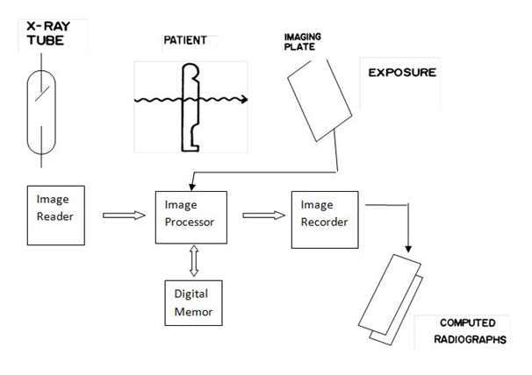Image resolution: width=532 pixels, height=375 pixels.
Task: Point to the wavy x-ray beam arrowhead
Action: (245, 99)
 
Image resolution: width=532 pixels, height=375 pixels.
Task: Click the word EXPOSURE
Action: (401, 73)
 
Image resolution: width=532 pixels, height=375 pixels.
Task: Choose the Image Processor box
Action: (191, 216)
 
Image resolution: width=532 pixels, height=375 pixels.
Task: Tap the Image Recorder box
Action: (325, 216)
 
